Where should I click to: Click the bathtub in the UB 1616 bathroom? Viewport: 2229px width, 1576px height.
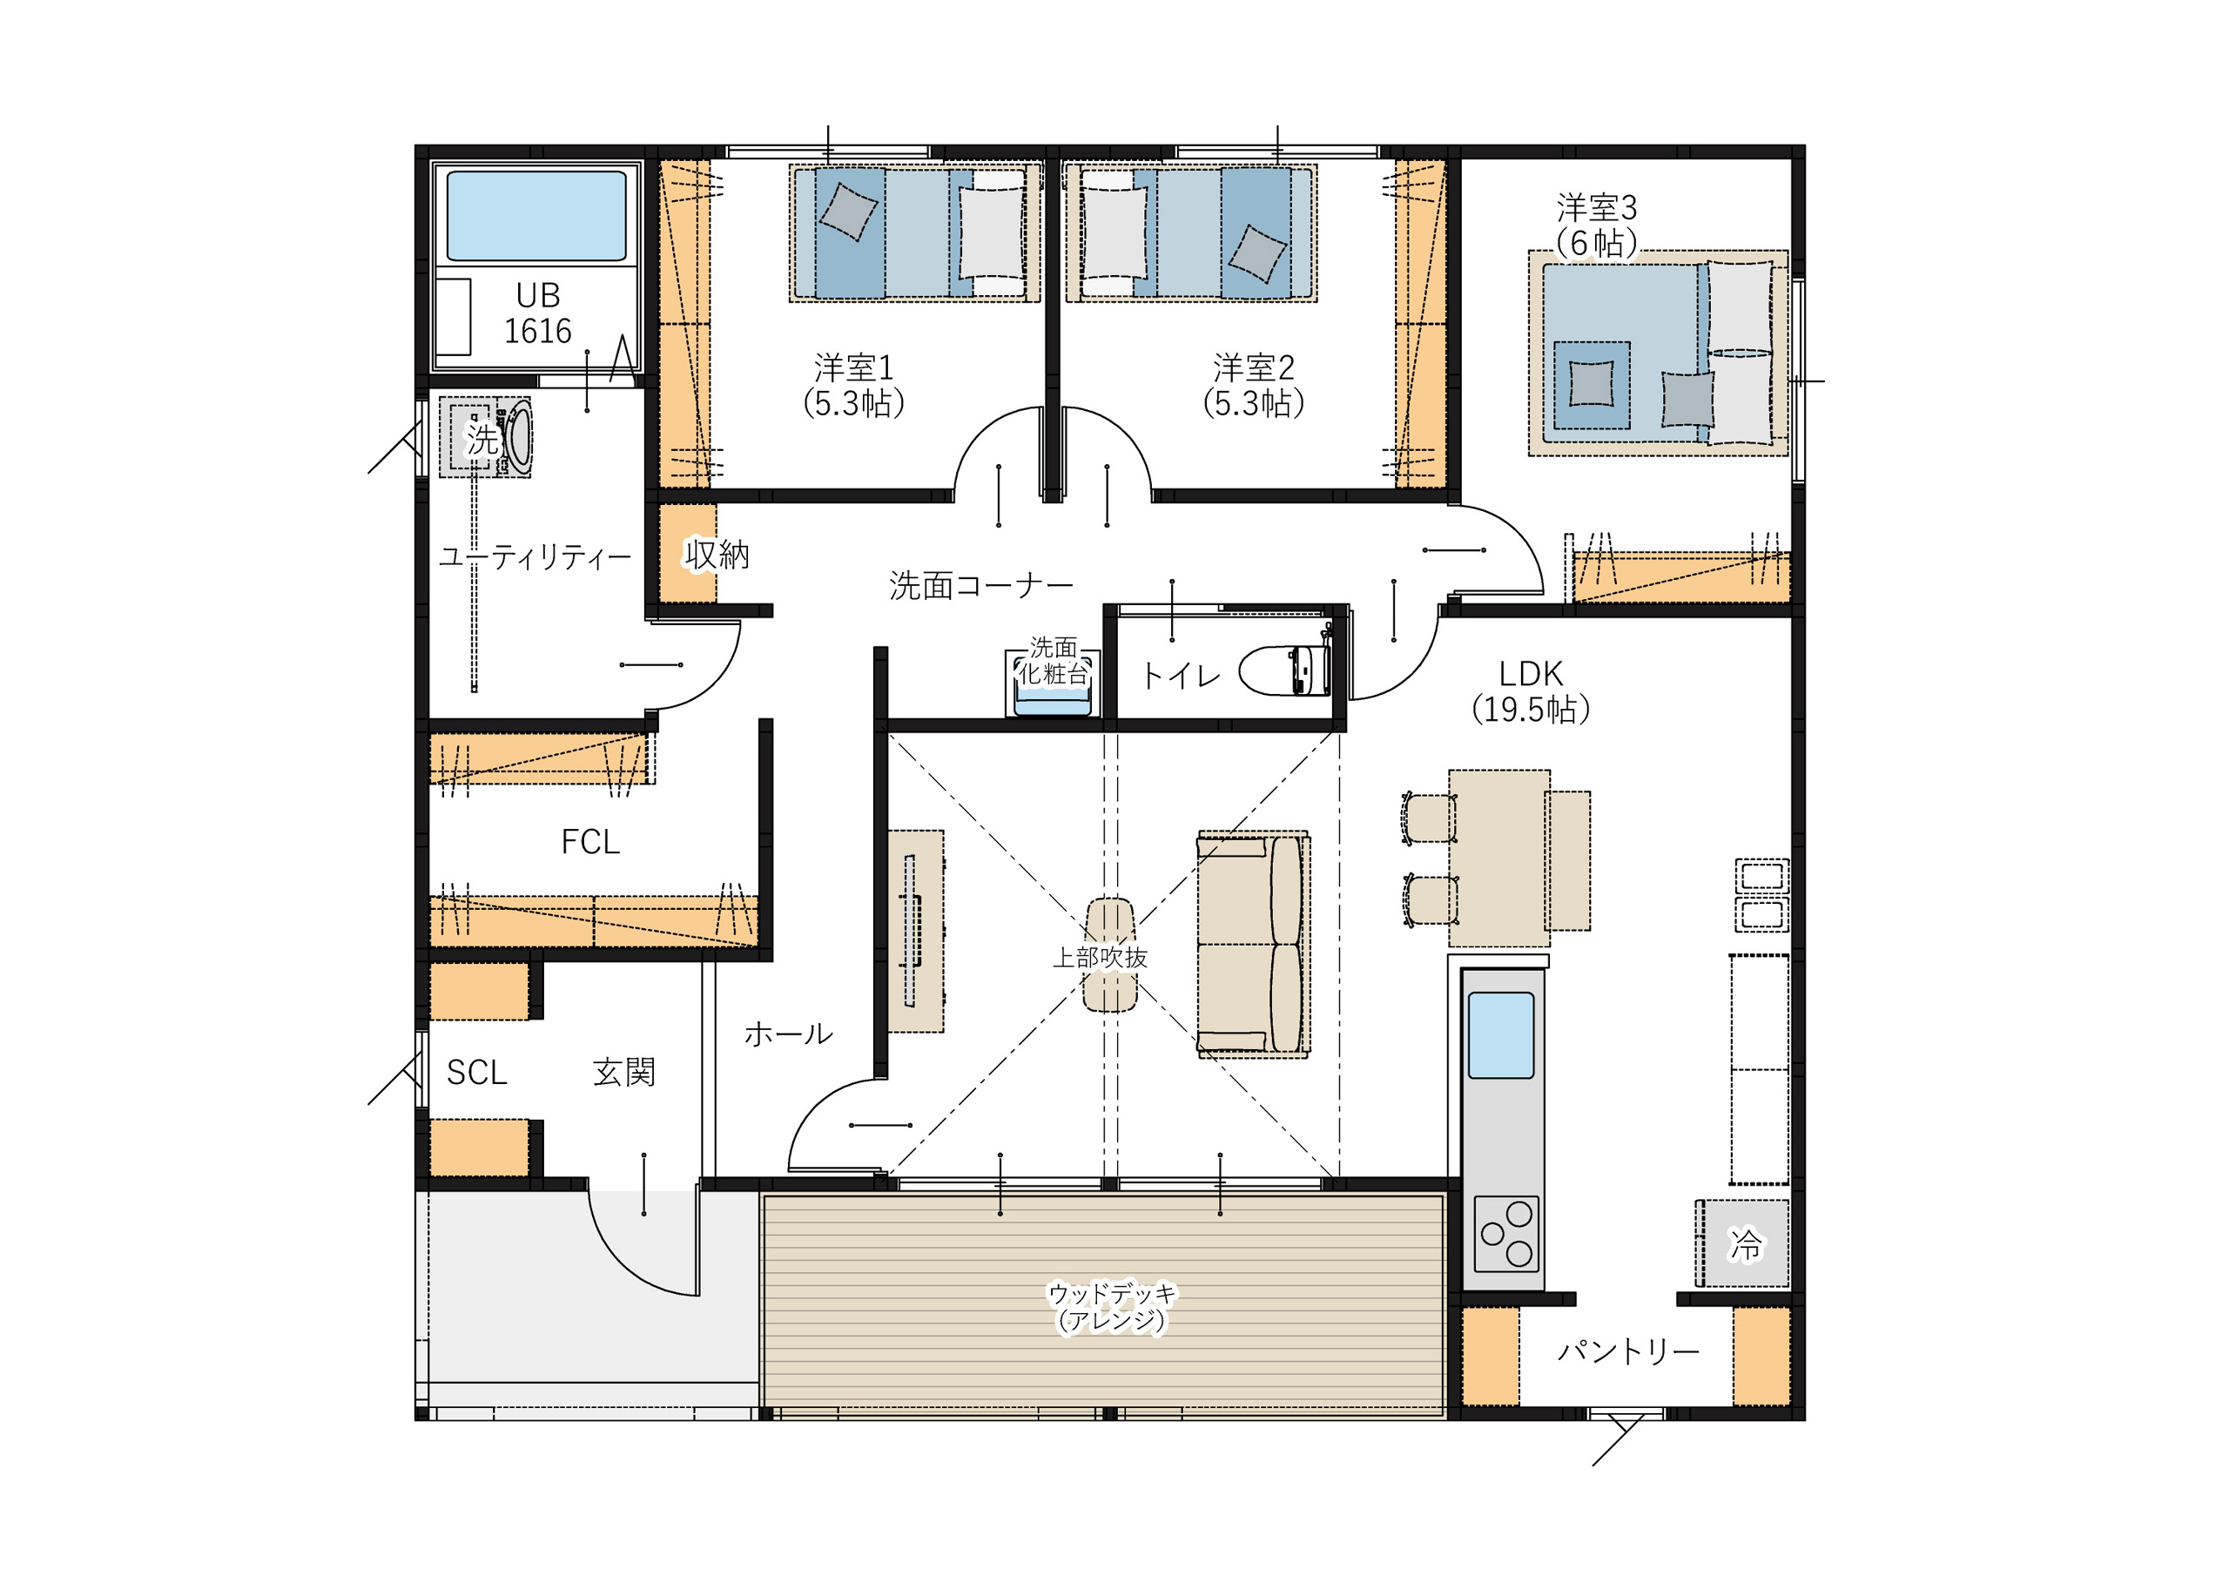[535, 216]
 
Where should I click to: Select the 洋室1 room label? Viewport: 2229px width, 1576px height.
[853, 386]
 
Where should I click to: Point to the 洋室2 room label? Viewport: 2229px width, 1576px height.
[1253, 386]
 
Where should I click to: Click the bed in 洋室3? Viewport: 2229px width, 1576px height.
[1658, 354]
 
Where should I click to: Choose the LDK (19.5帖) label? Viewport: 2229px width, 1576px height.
[1531, 691]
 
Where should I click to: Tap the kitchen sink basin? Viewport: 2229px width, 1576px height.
[1501, 1035]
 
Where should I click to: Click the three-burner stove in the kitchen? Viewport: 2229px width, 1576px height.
[1505, 1233]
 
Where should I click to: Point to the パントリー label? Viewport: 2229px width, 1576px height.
[1628, 1350]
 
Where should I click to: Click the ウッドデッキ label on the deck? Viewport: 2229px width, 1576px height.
[1112, 1292]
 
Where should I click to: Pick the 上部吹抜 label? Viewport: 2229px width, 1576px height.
[1100, 958]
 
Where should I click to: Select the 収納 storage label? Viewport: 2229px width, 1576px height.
[717, 555]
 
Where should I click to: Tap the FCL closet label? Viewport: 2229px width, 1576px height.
[590, 841]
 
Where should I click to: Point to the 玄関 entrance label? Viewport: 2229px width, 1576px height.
[624, 1072]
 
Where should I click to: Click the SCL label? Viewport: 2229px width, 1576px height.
[476, 1072]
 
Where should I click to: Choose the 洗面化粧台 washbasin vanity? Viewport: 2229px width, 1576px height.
[1053, 684]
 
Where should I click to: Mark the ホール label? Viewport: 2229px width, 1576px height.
[788, 1034]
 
